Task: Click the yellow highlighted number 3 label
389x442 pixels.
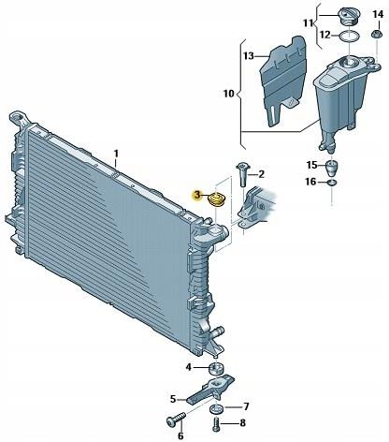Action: tap(196, 196)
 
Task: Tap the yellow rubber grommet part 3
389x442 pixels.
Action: tap(216, 199)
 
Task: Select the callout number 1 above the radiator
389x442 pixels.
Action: tap(116, 154)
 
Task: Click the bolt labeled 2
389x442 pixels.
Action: tap(243, 174)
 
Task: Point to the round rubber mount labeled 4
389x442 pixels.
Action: tap(216, 368)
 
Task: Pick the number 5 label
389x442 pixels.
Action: tap(173, 399)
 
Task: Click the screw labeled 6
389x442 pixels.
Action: tap(176, 420)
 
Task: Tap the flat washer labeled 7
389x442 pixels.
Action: tap(217, 408)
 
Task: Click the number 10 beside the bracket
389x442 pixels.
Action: tap(228, 93)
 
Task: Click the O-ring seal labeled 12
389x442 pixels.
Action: tap(349, 37)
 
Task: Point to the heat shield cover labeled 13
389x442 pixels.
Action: tap(283, 81)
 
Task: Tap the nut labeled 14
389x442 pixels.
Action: tap(377, 35)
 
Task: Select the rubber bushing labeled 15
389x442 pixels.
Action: tap(332, 169)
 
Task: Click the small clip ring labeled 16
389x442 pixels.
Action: tap(332, 183)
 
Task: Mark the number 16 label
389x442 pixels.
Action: tap(310, 182)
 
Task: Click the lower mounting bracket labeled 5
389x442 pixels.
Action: tap(211, 389)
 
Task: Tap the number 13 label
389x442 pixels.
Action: tap(249, 56)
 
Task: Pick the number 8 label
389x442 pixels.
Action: tap(242, 423)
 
